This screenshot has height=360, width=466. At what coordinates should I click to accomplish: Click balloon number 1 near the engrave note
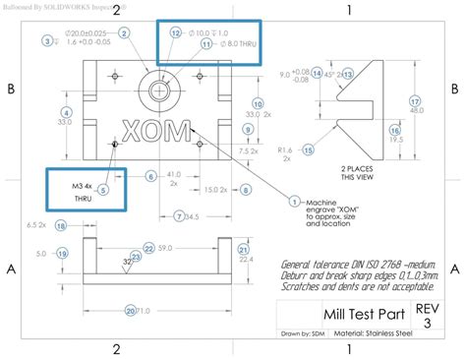(x=294, y=201)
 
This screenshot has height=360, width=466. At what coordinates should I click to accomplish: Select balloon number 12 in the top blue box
(x=175, y=31)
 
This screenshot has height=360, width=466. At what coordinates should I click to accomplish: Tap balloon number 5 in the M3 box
(x=103, y=177)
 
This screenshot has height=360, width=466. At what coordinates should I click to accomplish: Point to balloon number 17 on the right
(x=415, y=101)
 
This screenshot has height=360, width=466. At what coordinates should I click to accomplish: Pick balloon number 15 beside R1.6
(x=308, y=150)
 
